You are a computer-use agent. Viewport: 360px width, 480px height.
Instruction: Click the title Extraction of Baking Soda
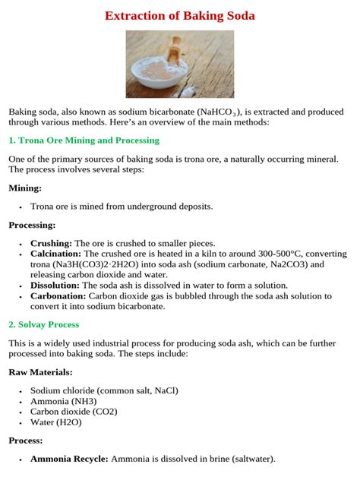point(179,15)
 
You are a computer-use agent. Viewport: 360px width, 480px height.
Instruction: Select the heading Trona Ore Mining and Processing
point(84,141)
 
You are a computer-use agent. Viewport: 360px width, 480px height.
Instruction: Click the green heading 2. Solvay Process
point(44,324)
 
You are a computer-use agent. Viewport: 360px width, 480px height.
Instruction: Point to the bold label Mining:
point(25,188)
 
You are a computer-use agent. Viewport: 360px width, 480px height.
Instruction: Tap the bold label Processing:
point(32,225)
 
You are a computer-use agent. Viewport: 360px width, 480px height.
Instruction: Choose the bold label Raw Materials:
point(41,372)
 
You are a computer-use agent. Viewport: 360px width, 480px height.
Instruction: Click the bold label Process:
point(26,440)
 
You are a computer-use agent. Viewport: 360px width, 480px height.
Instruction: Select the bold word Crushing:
point(51,243)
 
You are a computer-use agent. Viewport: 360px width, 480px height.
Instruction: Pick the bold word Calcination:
point(55,254)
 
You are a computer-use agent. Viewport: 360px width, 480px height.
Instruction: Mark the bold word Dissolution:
point(55,286)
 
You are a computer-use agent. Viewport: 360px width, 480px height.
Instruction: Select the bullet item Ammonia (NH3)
point(62,401)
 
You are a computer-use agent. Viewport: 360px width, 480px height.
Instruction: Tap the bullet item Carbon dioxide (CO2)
point(74,412)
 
